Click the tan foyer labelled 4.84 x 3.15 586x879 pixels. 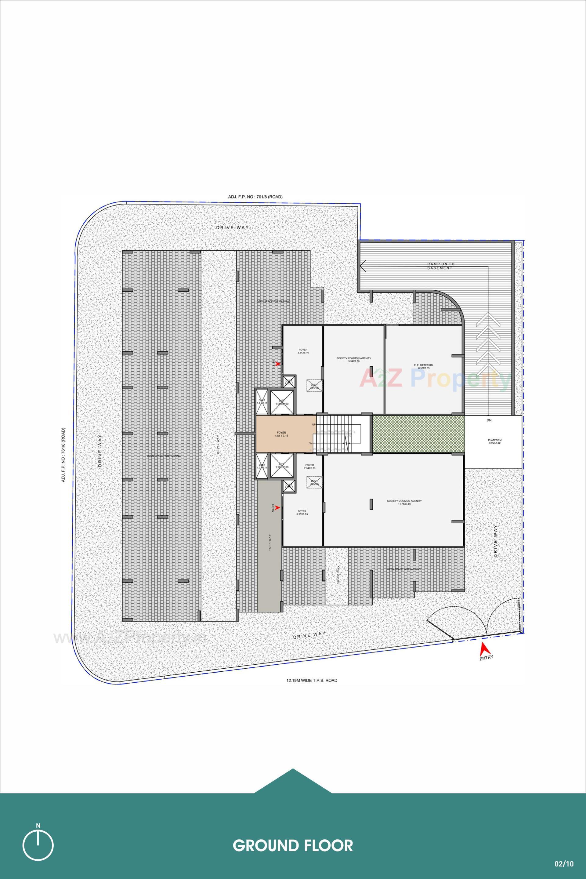pyautogui.click(x=281, y=434)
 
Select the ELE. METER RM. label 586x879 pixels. pyautogui.click(x=423, y=366)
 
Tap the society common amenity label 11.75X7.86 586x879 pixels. pyautogui.click(x=404, y=502)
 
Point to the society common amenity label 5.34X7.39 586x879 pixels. pyautogui.click(x=353, y=360)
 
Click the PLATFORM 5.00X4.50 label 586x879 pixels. pyautogui.click(x=494, y=441)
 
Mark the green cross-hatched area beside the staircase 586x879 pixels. pyautogui.click(x=418, y=434)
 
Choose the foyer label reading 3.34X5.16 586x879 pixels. pyautogui.click(x=303, y=351)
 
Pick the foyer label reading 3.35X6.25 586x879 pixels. pyautogui.click(x=302, y=513)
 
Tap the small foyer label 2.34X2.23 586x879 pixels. pyautogui.click(x=309, y=467)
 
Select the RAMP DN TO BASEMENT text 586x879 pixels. pyautogui.click(x=441, y=266)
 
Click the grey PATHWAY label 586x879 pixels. pyautogui.click(x=270, y=543)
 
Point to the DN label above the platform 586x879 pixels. pyautogui.click(x=489, y=420)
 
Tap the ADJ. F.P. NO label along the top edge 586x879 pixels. pyautogui.click(x=255, y=197)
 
